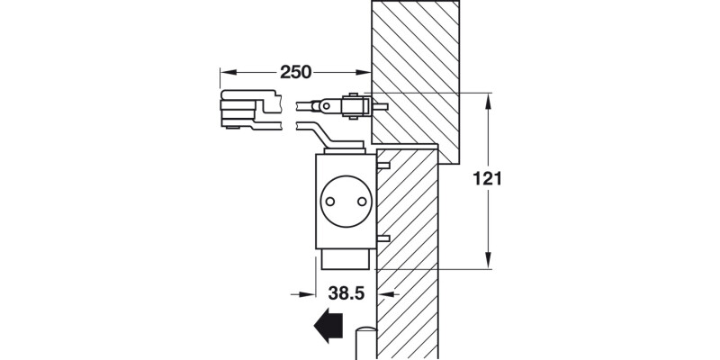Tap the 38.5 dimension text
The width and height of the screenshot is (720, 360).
pyautogui.click(x=345, y=292)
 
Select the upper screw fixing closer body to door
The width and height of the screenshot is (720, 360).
pyautogui.click(x=383, y=166)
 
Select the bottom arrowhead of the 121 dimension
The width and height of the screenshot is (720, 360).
pyautogui.click(x=489, y=260)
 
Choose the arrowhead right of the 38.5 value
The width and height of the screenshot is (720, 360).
pyautogui.click(x=385, y=292)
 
